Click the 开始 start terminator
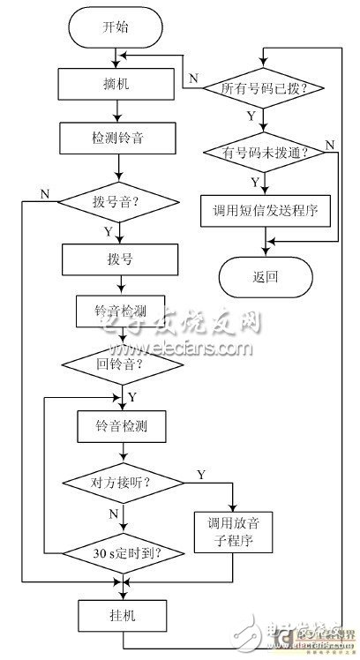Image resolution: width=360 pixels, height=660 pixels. click(x=116, y=27)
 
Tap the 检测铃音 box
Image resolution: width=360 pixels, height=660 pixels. click(x=116, y=139)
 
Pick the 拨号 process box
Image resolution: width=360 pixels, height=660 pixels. click(x=116, y=259)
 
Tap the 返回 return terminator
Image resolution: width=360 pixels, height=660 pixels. click(x=265, y=277)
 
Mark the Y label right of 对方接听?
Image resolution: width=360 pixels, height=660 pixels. click(x=202, y=475)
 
